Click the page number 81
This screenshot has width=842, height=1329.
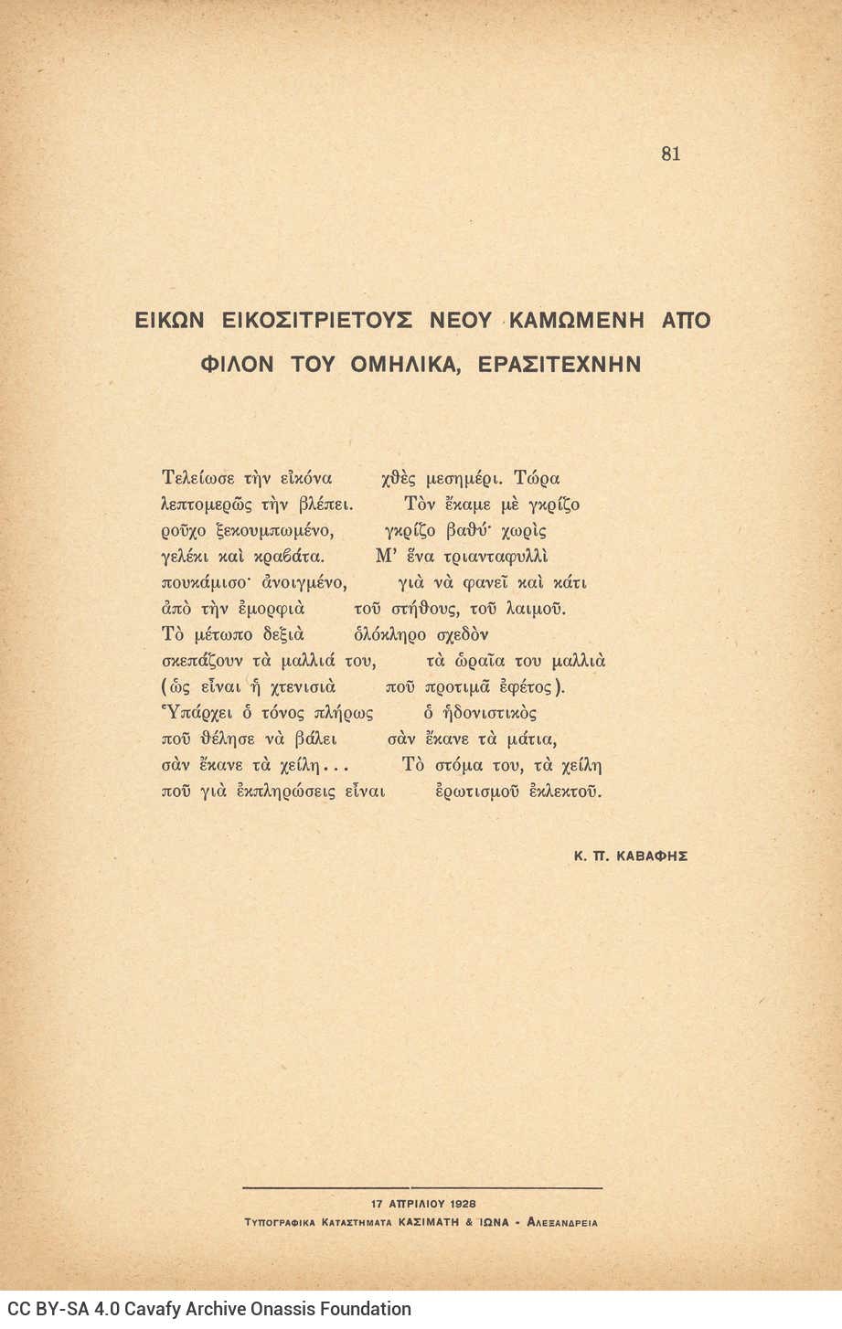(x=670, y=154)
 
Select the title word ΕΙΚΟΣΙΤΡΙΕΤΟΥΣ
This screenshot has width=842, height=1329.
(x=316, y=321)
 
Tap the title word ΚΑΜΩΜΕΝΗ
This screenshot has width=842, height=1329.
(x=576, y=321)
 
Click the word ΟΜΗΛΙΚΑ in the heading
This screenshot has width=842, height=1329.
(x=402, y=365)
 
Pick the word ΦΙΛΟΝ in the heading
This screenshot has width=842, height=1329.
(x=237, y=365)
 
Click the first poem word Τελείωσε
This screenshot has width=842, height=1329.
(x=197, y=478)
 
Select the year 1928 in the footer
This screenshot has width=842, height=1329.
(x=462, y=1204)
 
